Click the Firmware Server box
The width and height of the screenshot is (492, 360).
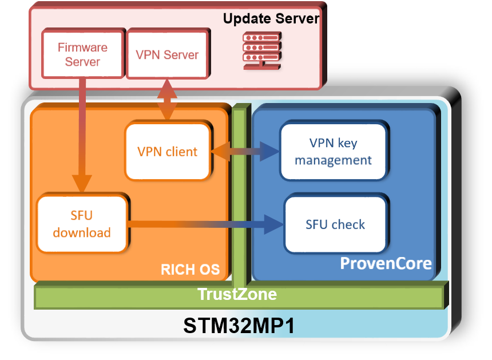(82, 54)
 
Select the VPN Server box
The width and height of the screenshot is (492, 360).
(167, 55)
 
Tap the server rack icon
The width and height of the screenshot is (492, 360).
(261, 50)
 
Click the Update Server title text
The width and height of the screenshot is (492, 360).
(271, 18)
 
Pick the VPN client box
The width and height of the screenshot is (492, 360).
(167, 152)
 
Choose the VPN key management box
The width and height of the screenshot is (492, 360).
(333, 152)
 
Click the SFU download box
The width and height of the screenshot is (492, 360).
(82, 224)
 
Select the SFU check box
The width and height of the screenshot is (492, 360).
(335, 224)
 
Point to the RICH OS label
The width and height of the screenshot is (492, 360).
(190, 269)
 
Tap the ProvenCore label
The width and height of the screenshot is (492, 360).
(386, 264)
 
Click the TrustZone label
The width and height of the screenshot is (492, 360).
(237, 295)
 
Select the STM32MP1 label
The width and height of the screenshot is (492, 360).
(239, 326)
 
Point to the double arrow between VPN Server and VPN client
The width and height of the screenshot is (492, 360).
(166, 100)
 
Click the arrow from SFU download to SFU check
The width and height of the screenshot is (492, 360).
(206, 224)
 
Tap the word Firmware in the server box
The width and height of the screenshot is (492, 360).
(82, 48)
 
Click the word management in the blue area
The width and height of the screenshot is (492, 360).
(333, 160)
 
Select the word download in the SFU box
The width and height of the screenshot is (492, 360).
(82, 232)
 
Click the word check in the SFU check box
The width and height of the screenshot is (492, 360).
(351, 224)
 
